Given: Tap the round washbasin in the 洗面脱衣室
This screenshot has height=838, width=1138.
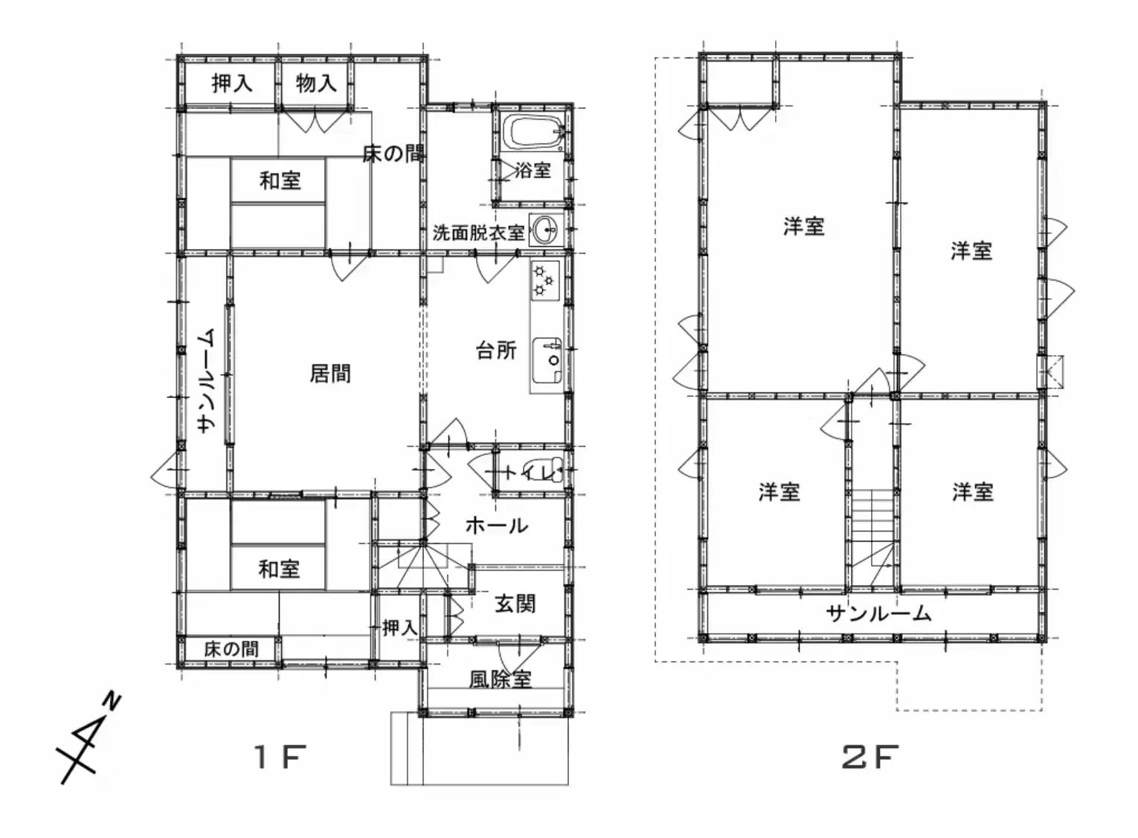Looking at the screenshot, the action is (x=546, y=230).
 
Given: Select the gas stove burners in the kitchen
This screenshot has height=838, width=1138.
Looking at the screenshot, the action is (x=544, y=280).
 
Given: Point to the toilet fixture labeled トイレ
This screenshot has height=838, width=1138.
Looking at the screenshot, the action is (x=550, y=471).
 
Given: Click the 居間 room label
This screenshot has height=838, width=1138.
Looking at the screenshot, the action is (x=330, y=374).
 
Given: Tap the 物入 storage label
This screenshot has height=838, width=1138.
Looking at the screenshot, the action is (x=316, y=83).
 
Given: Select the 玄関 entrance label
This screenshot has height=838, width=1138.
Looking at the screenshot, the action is (x=515, y=604).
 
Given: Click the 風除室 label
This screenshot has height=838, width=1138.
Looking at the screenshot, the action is (x=500, y=679).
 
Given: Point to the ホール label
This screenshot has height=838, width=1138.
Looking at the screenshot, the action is (x=497, y=525).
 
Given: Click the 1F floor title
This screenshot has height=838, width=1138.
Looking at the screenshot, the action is (x=280, y=757).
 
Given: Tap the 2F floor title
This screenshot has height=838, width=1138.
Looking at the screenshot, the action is (x=870, y=757).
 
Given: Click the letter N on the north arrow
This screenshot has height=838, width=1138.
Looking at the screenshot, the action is (x=113, y=701).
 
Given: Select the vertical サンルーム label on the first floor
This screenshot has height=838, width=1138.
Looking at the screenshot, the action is (x=207, y=380).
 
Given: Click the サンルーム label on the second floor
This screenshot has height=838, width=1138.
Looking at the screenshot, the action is (x=878, y=614).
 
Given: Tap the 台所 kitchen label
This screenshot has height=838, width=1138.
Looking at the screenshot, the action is (x=496, y=350).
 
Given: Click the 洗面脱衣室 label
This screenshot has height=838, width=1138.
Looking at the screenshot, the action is (x=478, y=233).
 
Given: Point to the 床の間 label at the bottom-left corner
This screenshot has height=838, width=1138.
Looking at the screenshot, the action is (x=231, y=649).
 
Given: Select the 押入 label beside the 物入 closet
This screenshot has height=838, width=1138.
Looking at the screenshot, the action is (x=231, y=83).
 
